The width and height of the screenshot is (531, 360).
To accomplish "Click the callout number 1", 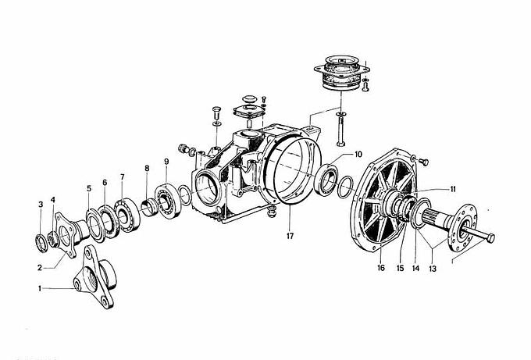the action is point(40,288).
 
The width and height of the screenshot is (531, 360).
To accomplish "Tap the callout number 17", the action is point(290,236).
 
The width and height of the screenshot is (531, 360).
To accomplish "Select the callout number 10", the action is point(358,154).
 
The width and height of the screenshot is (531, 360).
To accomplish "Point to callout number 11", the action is point(453,189).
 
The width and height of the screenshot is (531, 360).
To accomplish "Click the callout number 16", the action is point(380,268).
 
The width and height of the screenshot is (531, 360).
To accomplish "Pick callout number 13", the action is point(433,269).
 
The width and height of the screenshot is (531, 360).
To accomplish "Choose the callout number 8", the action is point(147,168).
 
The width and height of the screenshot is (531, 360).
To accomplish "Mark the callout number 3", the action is point(41,205).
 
